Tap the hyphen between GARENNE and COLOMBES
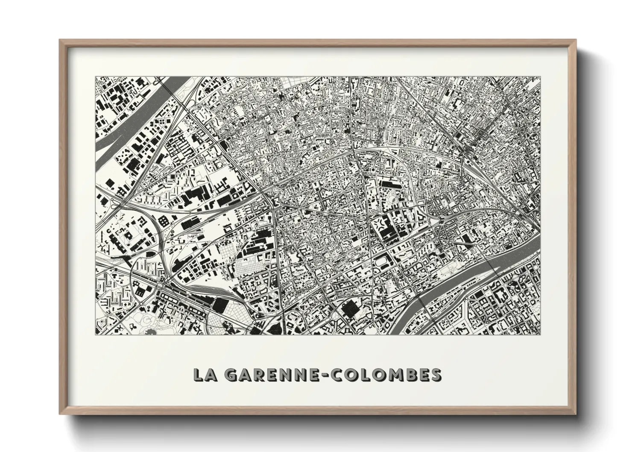coord(322,375)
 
